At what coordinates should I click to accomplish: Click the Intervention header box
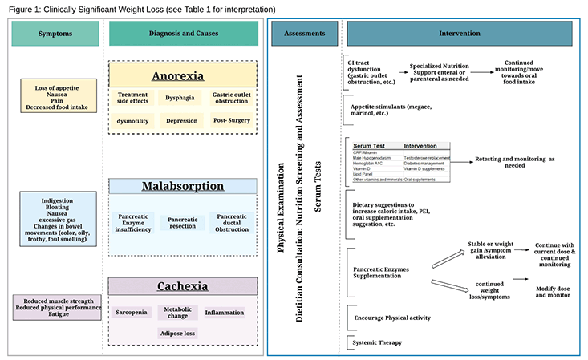pos(460,34)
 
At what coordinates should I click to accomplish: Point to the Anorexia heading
pos(183,77)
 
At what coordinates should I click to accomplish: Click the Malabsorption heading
pos(183,187)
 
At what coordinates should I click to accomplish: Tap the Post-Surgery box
pos(233,121)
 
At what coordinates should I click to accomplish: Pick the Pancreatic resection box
pos(182,222)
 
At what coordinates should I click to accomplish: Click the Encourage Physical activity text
pos(392,318)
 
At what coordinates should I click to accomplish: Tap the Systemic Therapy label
pos(379,342)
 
